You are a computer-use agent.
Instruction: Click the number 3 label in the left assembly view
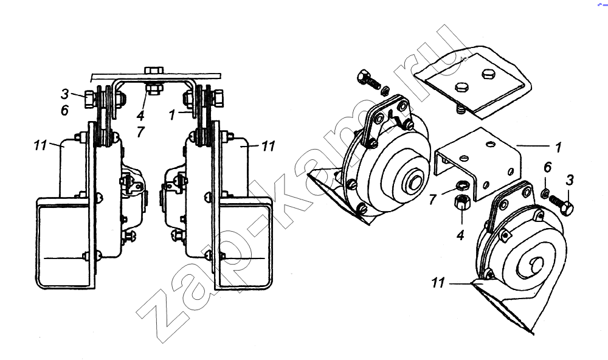pyautogui.click(x=65, y=94)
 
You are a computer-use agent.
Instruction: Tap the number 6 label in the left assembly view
pyautogui.click(x=65, y=110)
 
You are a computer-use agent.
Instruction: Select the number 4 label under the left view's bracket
pyautogui.click(x=140, y=115)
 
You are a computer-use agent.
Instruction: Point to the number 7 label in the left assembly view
pyautogui.click(x=140, y=132)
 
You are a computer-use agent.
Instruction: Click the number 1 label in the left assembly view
pyautogui.click(x=172, y=114)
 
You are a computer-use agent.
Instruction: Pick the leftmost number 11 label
pyautogui.click(x=40, y=145)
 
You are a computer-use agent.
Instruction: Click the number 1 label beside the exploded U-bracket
pyautogui.click(x=558, y=147)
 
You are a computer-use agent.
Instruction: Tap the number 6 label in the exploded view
pyautogui.click(x=547, y=168)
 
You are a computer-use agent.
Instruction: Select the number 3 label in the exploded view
pyautogui.click(x=569, y=180)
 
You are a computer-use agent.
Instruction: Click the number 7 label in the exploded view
pyautogui.click(x=433, y=199)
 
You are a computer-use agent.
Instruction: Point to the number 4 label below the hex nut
pyautogui.click(x=461, y=235)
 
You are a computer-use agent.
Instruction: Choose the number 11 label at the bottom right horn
pyautogui.click(x=438, y=283)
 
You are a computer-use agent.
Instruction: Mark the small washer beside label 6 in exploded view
pyautogui.click(x=544, y=192)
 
